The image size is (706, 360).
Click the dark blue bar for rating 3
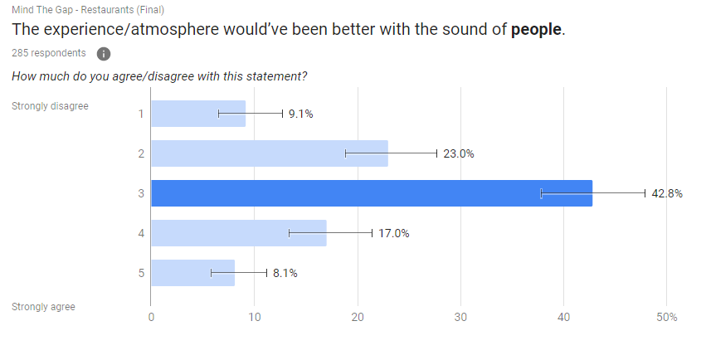(371, 193)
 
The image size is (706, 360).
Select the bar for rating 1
(197, 114)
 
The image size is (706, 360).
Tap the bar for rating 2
(269, 153)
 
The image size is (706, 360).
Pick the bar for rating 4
(238, 233)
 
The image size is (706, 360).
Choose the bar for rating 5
(192, 273)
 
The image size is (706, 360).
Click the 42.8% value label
(666, 194)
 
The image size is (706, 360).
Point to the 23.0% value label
(458, 153)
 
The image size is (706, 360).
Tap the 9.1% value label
(300, 114)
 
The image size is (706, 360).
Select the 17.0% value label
(393, 233)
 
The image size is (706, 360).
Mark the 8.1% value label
(285, 273)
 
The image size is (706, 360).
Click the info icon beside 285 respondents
(104, 54)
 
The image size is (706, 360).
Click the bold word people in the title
(537, 30)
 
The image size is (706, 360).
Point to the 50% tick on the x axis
(666, 318)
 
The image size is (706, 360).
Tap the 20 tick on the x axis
(358, 318)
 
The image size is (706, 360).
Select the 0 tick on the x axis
(151, 318)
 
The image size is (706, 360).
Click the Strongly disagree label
(50, 106)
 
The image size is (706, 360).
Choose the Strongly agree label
(43, 307)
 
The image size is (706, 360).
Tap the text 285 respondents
(48, 53)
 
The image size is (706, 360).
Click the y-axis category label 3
(141, 193)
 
